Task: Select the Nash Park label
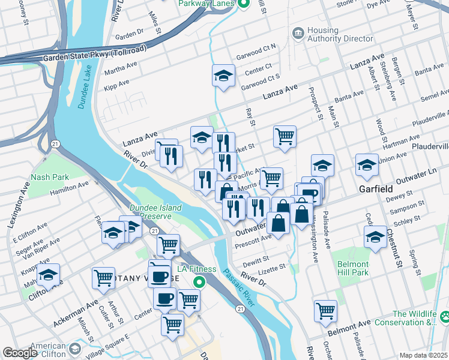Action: click(x=49, y=177)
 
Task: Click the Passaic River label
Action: click(x=236, y=286)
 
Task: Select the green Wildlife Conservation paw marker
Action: click(x=444, y=314)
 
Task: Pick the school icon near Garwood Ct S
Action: click(x=223, y=76)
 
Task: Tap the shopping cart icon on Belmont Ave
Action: click(x=325, y=310)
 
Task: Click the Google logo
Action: click(x=20, y=353)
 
